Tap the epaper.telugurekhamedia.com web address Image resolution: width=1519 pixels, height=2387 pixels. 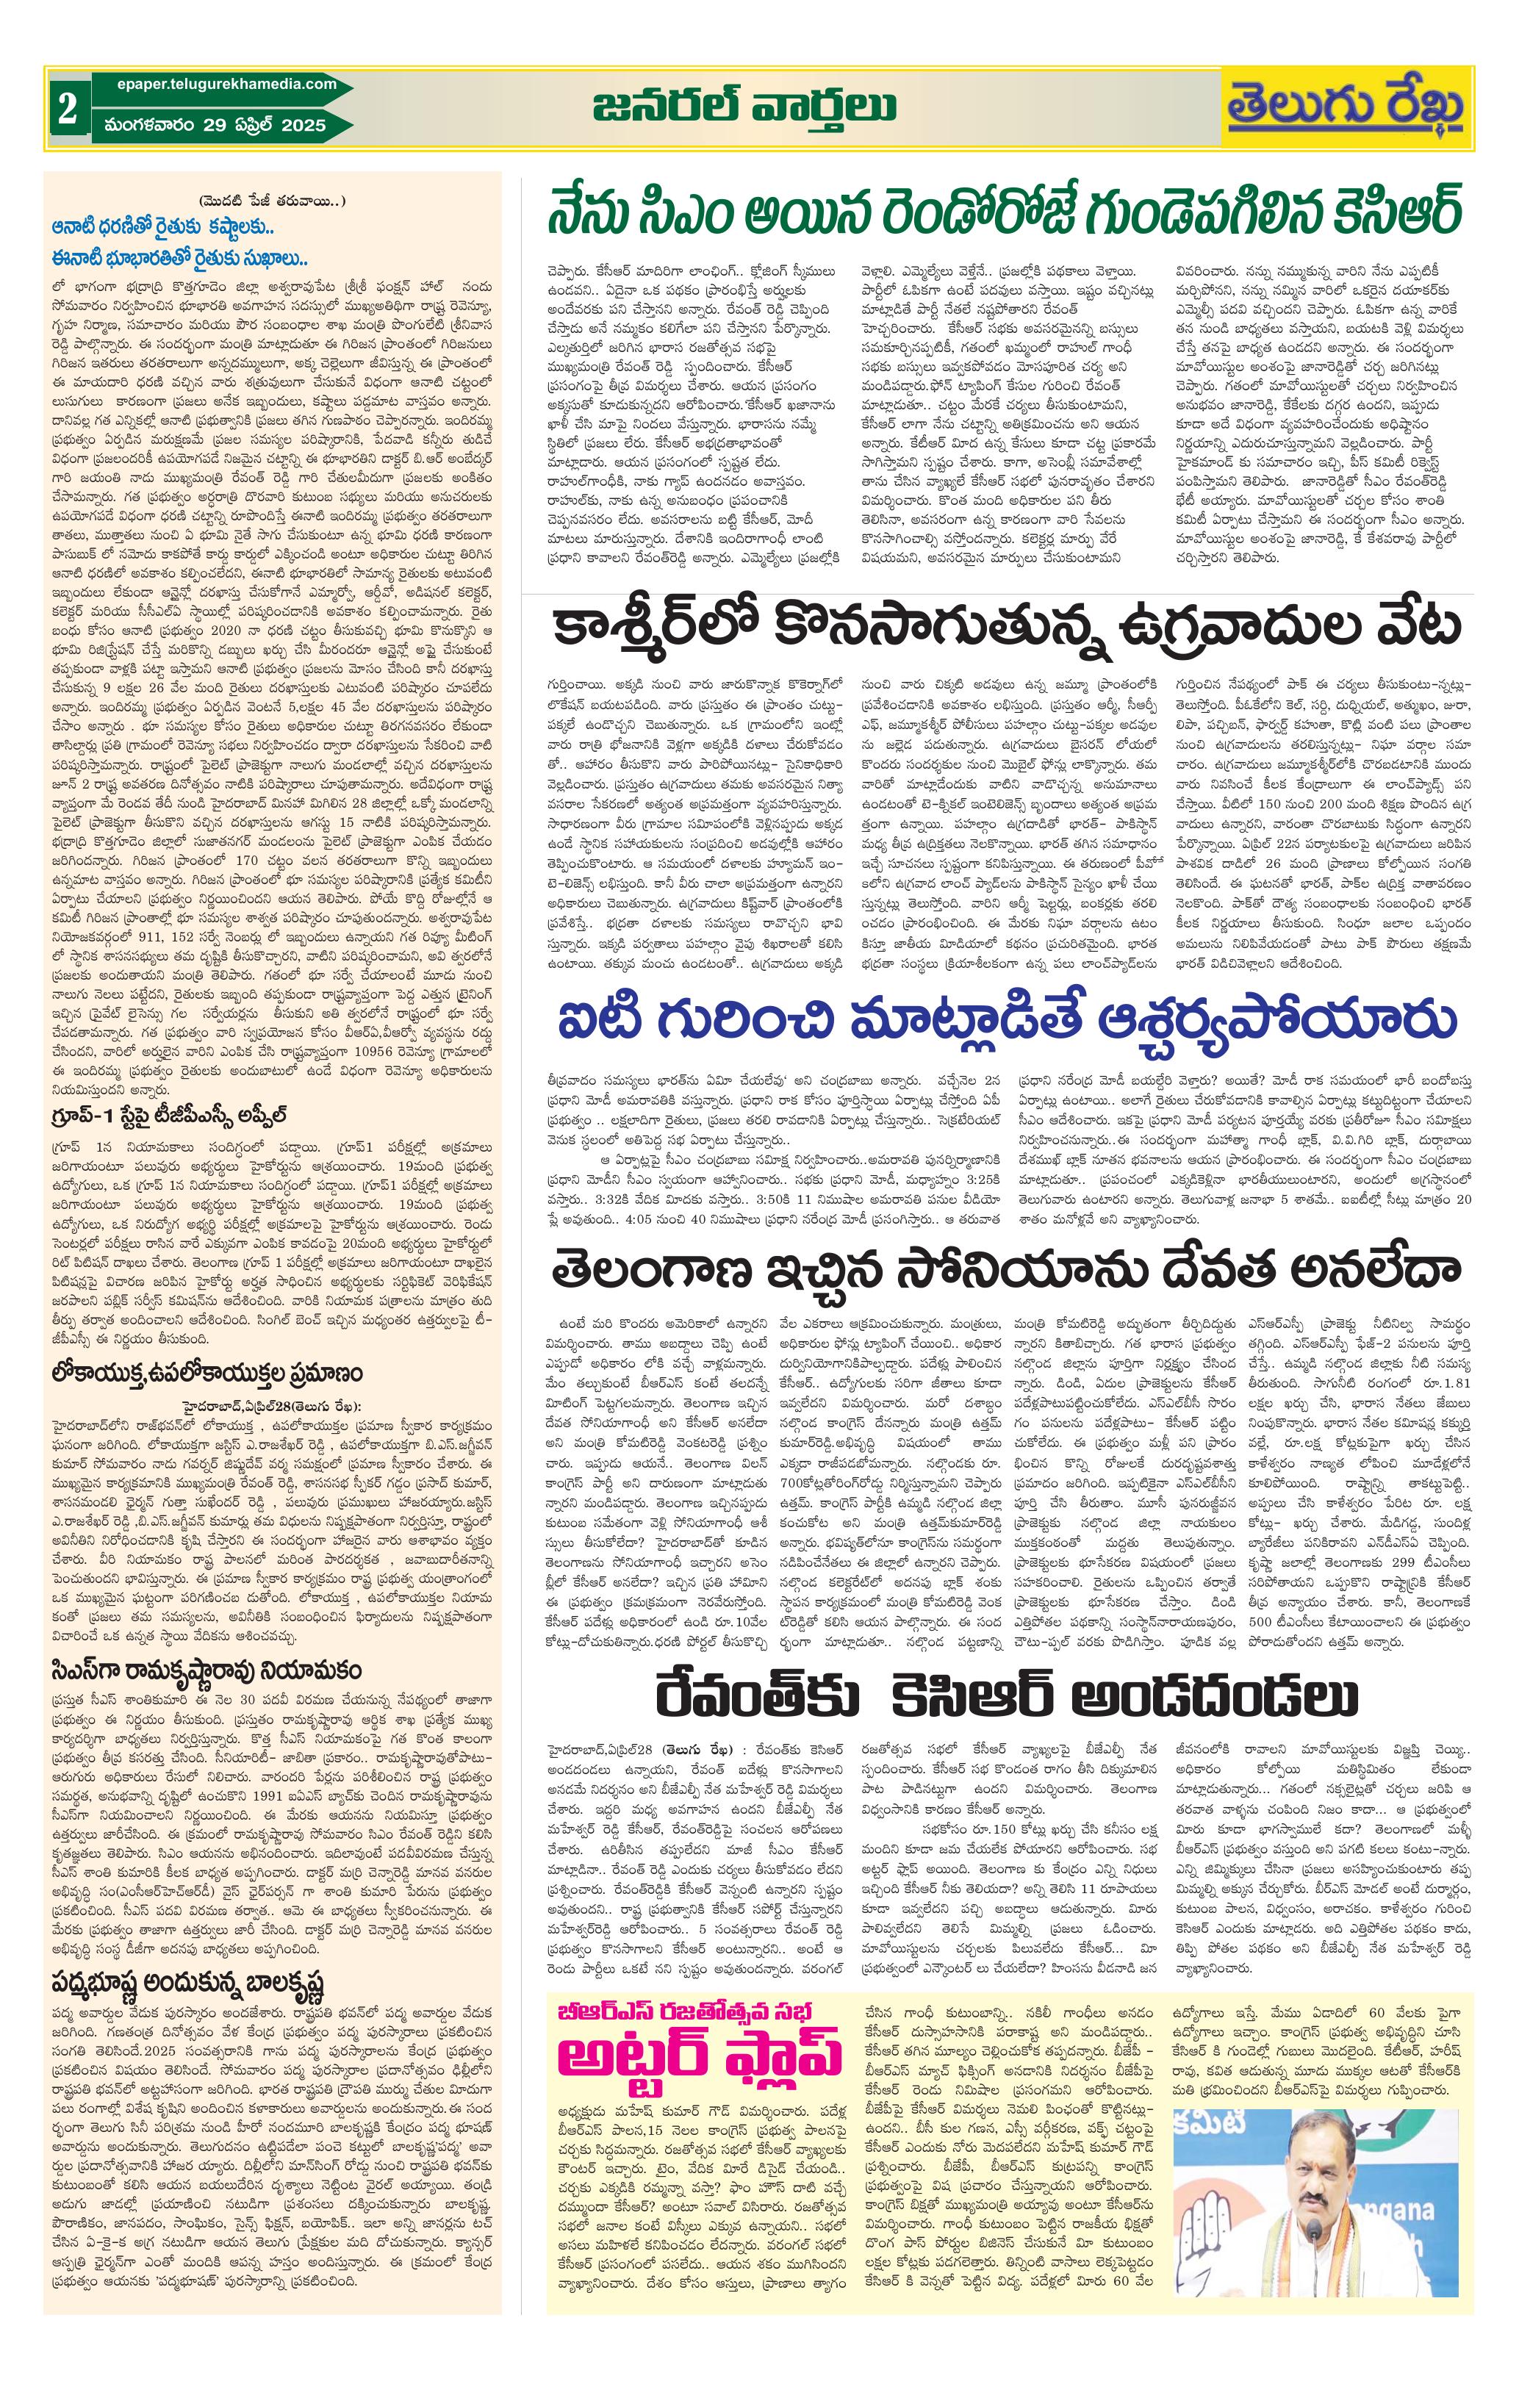220,85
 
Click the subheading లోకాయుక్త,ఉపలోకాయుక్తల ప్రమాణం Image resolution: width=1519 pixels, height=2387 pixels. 207,1373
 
